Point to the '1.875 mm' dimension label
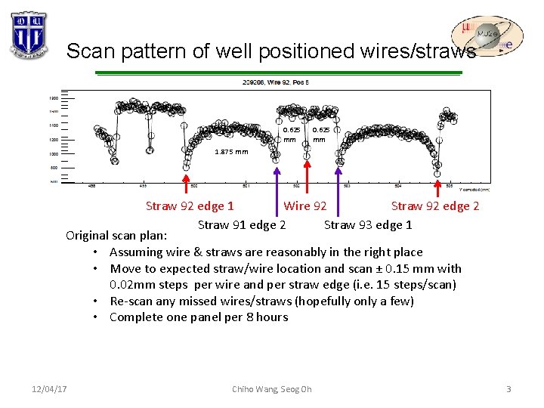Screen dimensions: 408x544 pos(231,151)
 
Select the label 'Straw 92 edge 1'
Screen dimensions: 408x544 pos(190,206)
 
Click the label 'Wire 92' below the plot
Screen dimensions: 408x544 pos(305,206)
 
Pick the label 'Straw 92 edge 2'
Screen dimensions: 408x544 pos(435,206)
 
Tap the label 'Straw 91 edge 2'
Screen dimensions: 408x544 pos(241,224)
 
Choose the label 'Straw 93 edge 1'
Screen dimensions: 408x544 pos(368,224)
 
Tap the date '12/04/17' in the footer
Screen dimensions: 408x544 pos(50,388)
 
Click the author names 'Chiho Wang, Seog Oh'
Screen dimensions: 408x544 pos(271,389)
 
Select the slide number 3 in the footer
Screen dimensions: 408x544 pos(508,388)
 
